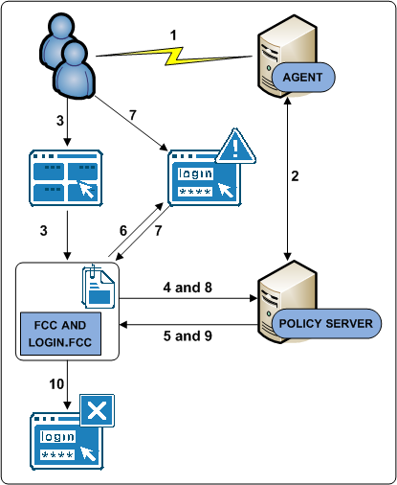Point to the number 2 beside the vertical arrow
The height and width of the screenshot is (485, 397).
295,175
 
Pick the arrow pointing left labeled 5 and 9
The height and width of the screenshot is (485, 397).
187,323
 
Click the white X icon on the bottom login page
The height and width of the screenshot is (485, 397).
94,413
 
